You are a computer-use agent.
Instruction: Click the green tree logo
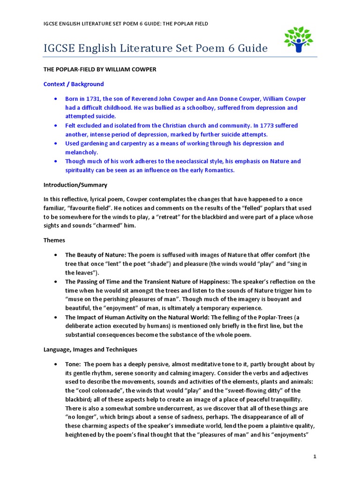point(298,39)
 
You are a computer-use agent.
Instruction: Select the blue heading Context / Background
point(74,84)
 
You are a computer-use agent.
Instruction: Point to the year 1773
point(263,126)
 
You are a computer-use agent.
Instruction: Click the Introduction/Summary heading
point(75,185)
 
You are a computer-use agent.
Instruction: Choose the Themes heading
point(54,240)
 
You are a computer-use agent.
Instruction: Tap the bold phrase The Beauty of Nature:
point(95,255)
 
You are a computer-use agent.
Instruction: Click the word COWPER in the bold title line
point(144,69)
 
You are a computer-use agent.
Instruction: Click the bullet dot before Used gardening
point(56,143)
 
